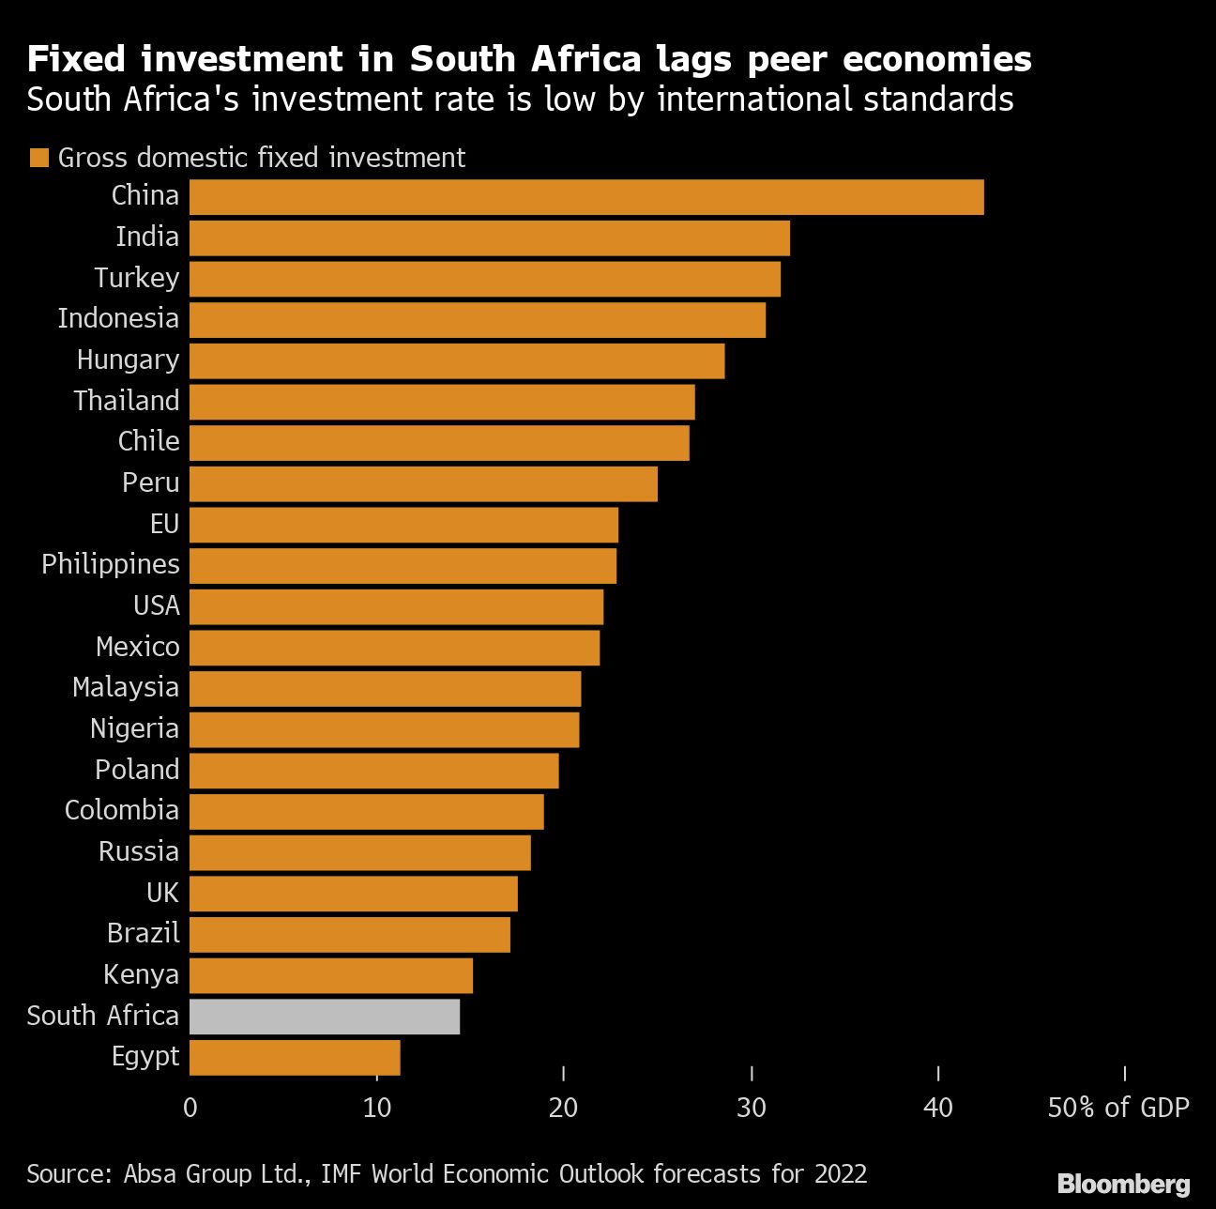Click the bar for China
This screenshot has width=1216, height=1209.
point(586,197)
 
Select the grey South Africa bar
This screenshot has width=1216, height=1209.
point(325,1017)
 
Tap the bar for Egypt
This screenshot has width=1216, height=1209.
point(295,1058)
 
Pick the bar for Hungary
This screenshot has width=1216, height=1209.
point(457,361)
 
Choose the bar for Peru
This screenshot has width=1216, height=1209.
point(423,484)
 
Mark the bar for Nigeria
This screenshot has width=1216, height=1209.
point(384,730)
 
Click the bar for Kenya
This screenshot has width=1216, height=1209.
point(331,976)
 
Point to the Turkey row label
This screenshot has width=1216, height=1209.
point(136,278)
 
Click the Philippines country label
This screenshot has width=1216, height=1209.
point(111,564)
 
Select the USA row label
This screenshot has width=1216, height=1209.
point(157,605)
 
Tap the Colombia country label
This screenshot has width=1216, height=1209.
point(121,810)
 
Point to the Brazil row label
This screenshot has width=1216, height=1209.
point(143,933)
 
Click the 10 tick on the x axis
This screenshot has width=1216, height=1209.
point(377,1108)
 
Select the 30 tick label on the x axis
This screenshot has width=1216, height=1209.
point(752,1108)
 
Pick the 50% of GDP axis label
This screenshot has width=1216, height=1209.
point(1117,1108)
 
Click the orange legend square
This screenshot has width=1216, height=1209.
point(38,158)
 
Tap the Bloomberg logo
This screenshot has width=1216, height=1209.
point(1123,1185)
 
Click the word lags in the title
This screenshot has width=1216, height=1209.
point(693,59)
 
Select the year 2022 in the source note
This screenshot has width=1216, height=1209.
point(841,1174)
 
